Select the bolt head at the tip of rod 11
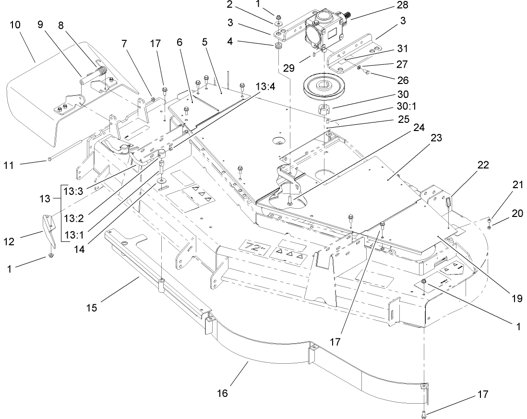pos(49,159)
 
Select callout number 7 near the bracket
pos(124,43)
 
